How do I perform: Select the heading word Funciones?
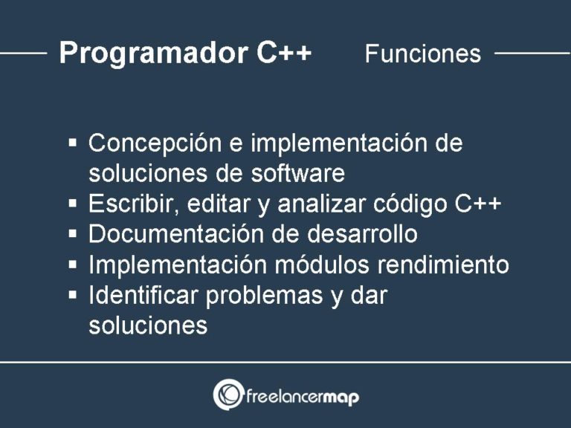(x=422, y=54)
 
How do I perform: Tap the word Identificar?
(x=143, y=295)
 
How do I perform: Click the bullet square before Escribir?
(x=73, y=203)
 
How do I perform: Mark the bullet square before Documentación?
(x=73, y=233)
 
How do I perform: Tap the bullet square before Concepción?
(x=73, y=142)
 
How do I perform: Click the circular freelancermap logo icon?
(x=228, y=395)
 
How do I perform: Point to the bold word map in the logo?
(x=341, y=397)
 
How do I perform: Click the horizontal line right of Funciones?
(x=532, y=53)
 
